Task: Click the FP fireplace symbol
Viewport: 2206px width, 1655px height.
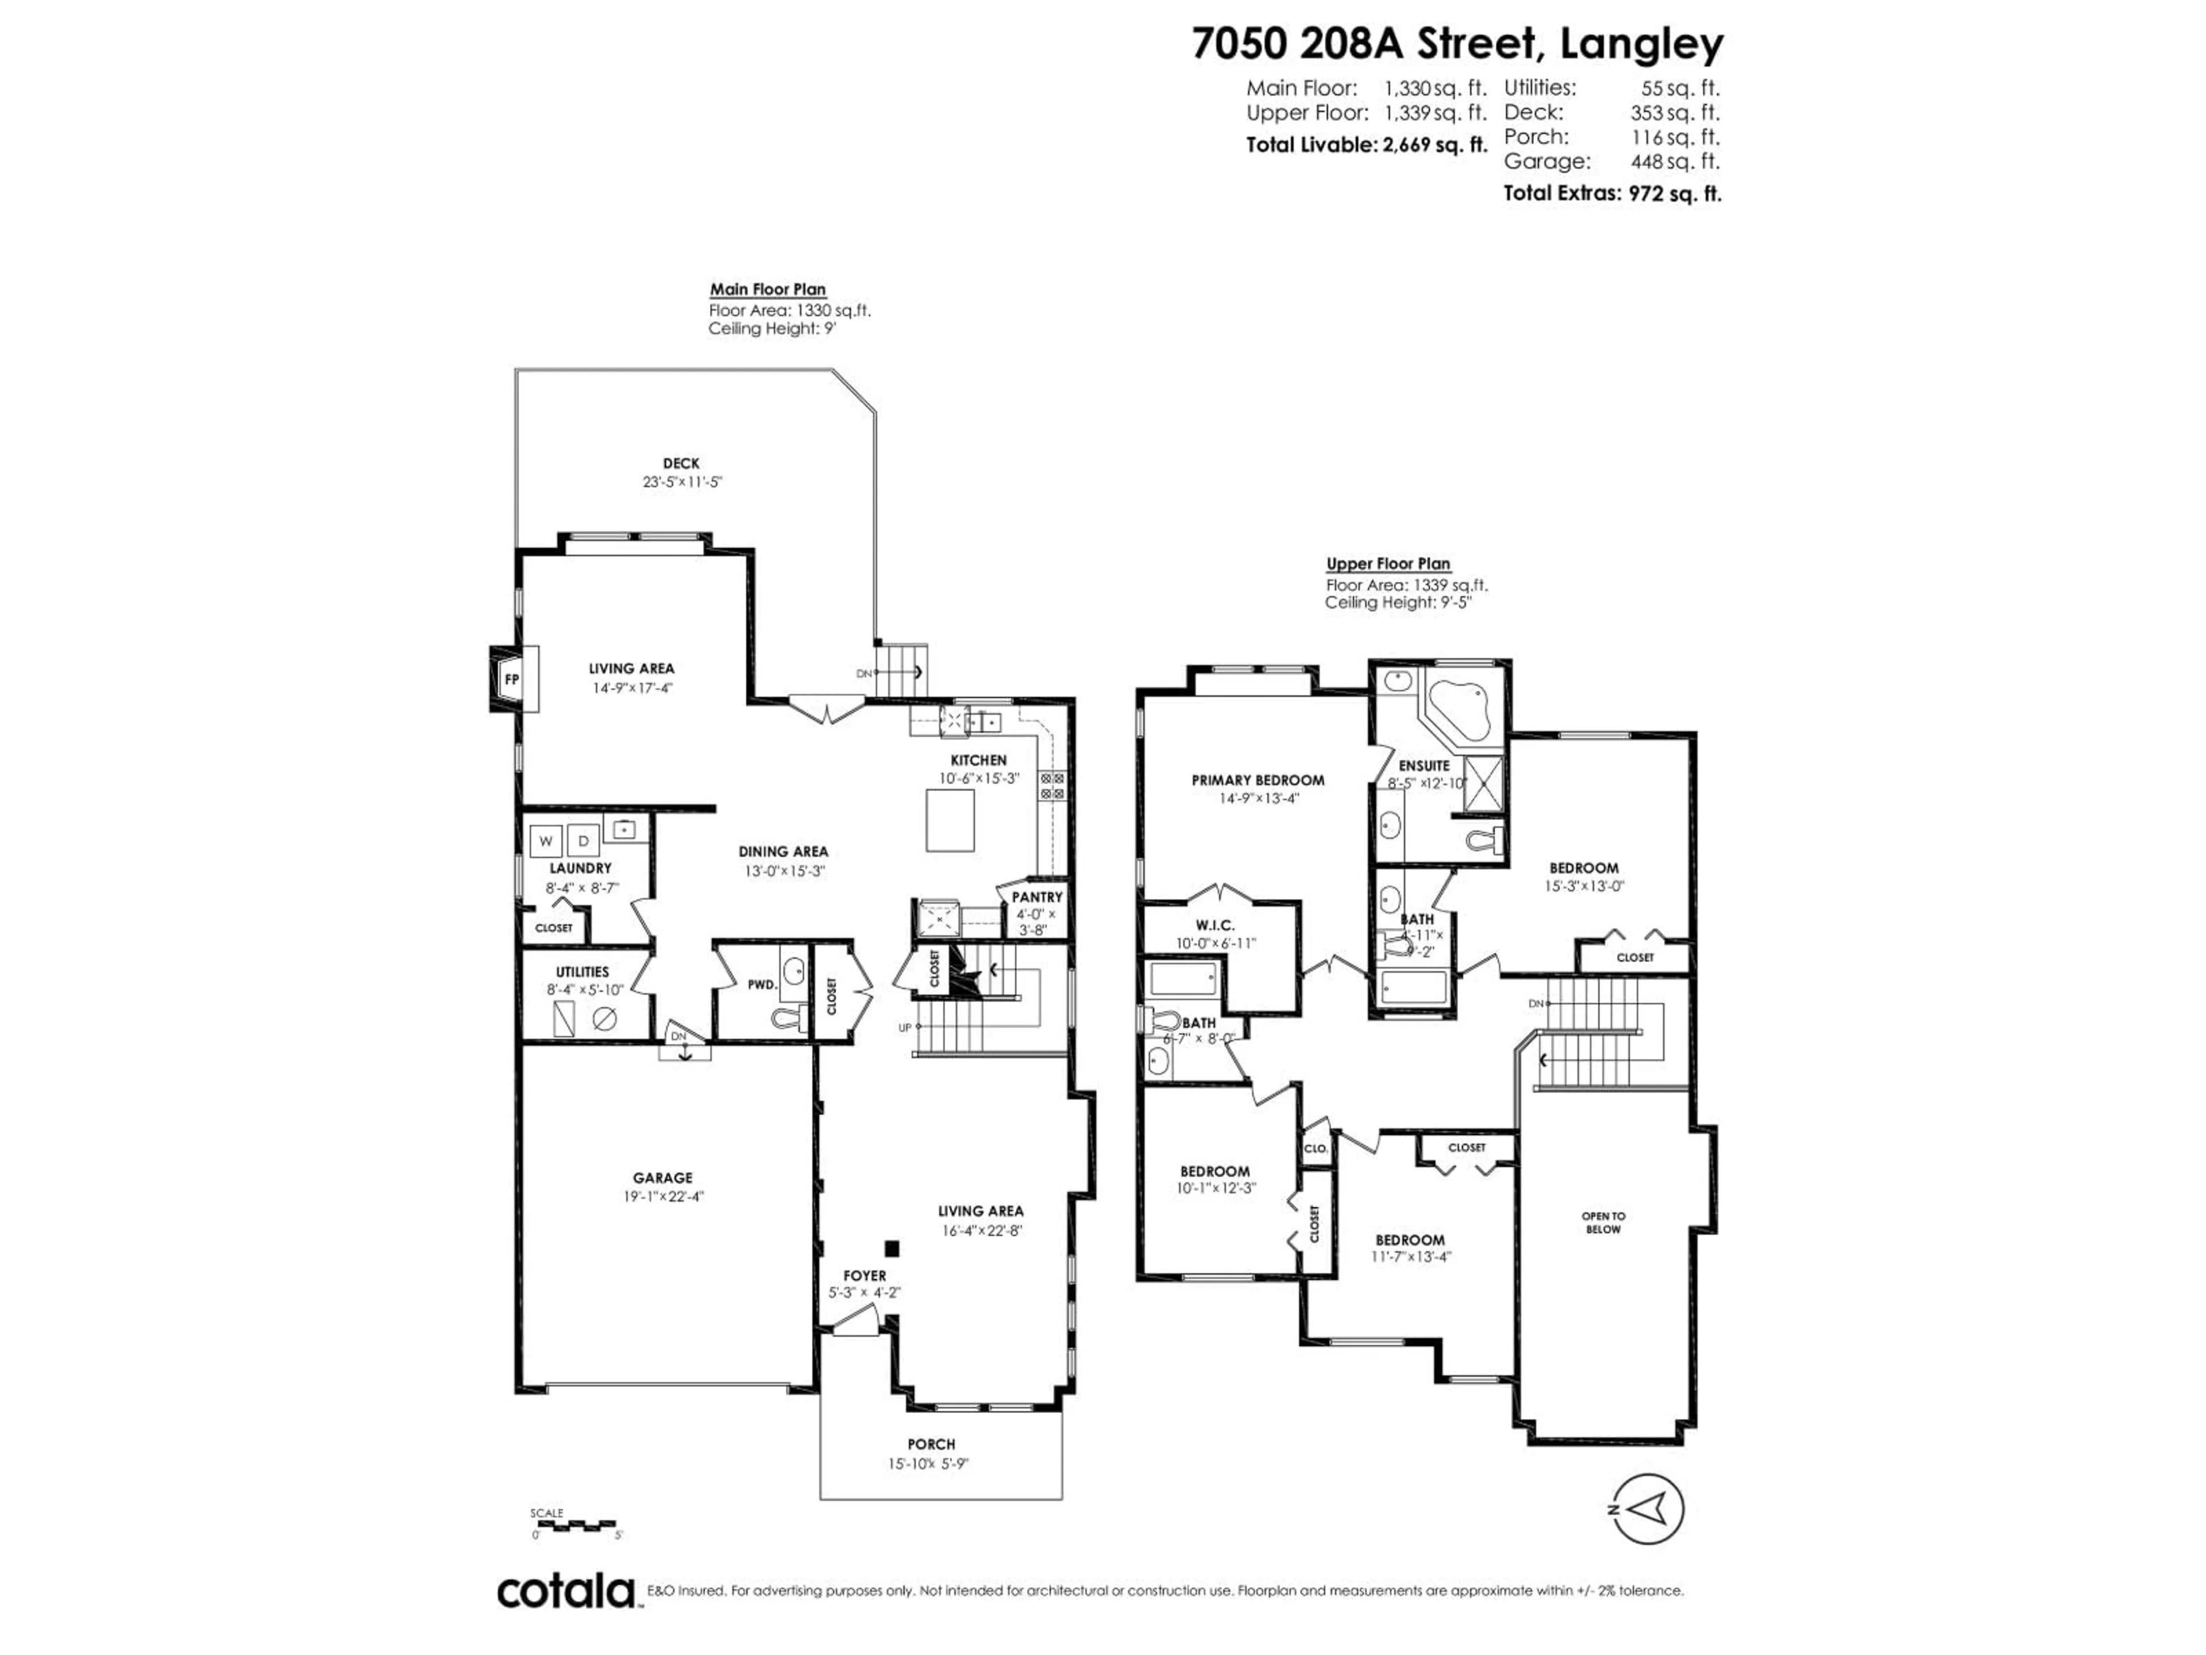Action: coord(512,679)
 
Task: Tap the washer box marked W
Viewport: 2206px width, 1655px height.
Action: coord(546,840)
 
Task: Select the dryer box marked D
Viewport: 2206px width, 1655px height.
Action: coord(584,840)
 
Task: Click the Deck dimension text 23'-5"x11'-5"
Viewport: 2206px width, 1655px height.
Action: coord(681,482)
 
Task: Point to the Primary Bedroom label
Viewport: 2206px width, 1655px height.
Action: coord(1258,780)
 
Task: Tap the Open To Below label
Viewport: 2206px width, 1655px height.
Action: coord(1603,1222)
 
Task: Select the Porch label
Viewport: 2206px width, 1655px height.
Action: coord(931,1444)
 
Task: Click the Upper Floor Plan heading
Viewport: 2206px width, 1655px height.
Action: coord(1387,564)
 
